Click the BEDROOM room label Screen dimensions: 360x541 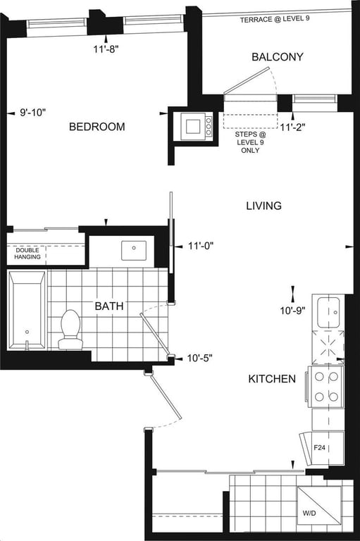click(97, 127)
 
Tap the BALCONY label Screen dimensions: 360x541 click(278, 56)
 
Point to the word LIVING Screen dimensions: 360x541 click(263, 206)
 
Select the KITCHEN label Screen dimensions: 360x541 click(272, 379)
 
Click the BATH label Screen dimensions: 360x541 click(109, 306)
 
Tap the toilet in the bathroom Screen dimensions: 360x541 click(70, 330)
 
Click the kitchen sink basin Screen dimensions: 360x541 click(328, 313)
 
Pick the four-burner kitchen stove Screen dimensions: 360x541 click(326, 387)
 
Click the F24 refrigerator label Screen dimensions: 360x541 click(320, 448)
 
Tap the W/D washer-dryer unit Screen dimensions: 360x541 click(319, 505)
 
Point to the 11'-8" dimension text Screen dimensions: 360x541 click(106, 49)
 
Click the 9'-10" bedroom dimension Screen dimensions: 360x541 click(33, 113)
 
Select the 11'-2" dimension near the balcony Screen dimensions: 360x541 click(292, 128)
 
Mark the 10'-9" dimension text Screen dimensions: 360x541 click(292, 311)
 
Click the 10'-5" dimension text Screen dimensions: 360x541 click(199, 358)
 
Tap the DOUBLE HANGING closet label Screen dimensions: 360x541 click(27, 254)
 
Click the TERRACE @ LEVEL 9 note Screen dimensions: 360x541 click(275, 19)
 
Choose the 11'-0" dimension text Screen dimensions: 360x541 click(201, 246)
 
